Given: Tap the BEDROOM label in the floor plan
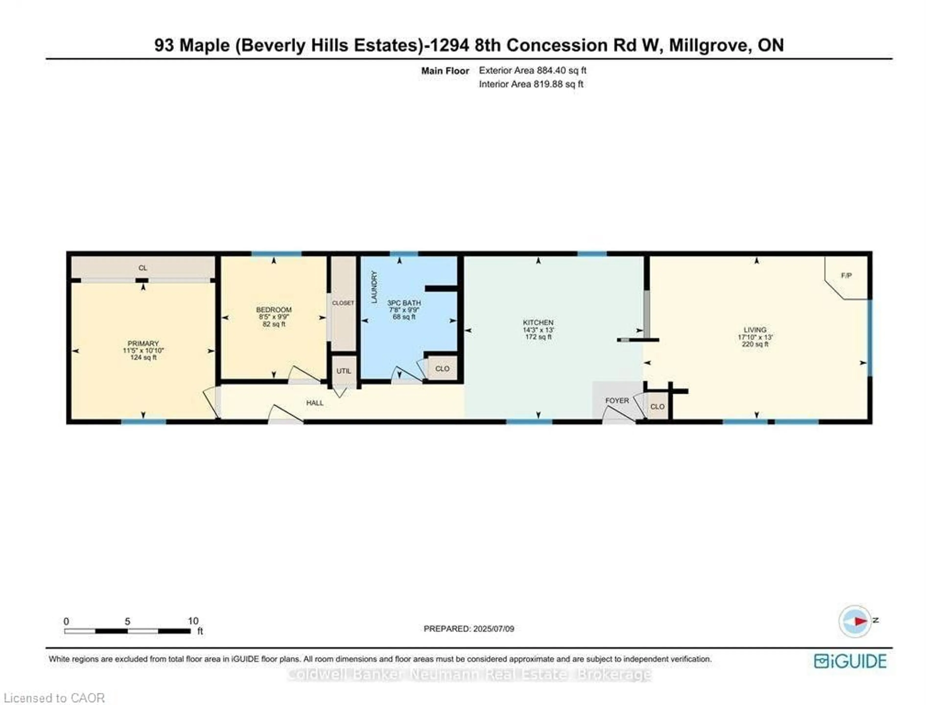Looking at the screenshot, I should (274, 310).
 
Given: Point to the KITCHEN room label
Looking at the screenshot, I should (538, 323).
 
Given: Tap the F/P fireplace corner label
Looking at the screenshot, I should (846, 275).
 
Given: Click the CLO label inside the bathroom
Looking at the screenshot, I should (442, 368).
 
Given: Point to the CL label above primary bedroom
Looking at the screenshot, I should (143, 268).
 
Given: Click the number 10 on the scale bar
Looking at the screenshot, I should (193, 621).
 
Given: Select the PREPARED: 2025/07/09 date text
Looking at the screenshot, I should (469, 629).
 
